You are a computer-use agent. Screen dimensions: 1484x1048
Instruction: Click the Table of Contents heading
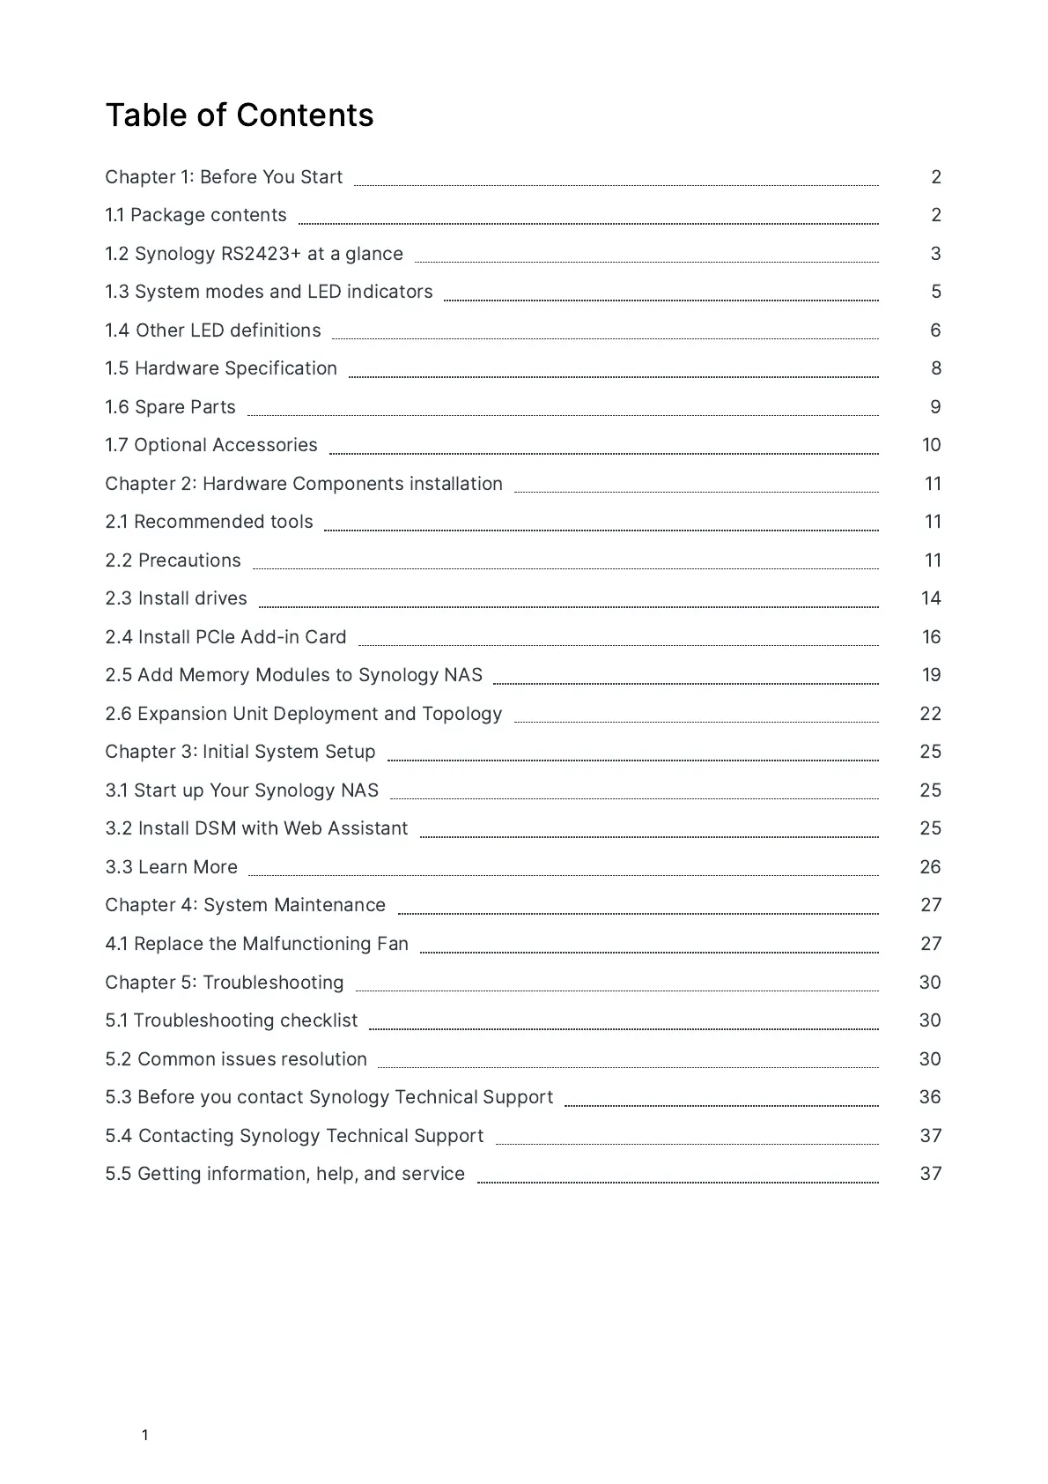pyautogui.click(x=240, y=115)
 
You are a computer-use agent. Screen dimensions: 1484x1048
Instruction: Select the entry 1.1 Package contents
pyautogui.click(x=196, y=215)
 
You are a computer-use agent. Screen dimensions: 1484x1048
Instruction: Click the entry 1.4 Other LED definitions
pyautogui.click(x=213, y=330)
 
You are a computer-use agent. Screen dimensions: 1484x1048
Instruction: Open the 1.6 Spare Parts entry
pyautogui.click(x=170, y=407)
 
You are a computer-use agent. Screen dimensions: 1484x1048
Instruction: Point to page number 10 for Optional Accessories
pyautogui.click(x=931, y=445)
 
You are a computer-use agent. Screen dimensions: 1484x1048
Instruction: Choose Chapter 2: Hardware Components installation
pyautogui.click(x=304, y=484)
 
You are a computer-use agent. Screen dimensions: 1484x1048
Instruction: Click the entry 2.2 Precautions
pyautogui.click(x=173, y=560)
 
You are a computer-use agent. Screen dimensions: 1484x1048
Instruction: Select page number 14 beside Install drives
pyautogui.click(x=931, y=598)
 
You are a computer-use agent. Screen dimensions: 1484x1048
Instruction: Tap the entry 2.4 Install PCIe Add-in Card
pyautogui.click(x=225, y=637)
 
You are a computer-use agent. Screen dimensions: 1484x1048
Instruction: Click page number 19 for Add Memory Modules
pyautogui.click(x=931, y=675)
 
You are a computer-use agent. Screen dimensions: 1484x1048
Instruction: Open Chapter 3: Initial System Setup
pyautogui.click(x=240, y=752)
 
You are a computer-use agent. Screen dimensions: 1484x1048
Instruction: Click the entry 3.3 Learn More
pyautogui.click(x=171, y=867)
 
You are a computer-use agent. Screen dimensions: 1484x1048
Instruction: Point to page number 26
pyautogui.click(x=930, y=867)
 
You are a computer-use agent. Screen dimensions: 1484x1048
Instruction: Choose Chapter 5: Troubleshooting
pyautogui.click(x=225, y=983)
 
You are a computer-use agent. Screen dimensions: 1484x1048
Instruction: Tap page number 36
pyautogui.click(x=930, y=1097)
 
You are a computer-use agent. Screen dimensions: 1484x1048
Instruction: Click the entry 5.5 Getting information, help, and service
pyautogui.click(x=284, y=1174)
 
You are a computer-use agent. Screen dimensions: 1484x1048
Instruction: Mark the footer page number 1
pyautogui.click(x=145, y=1435)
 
